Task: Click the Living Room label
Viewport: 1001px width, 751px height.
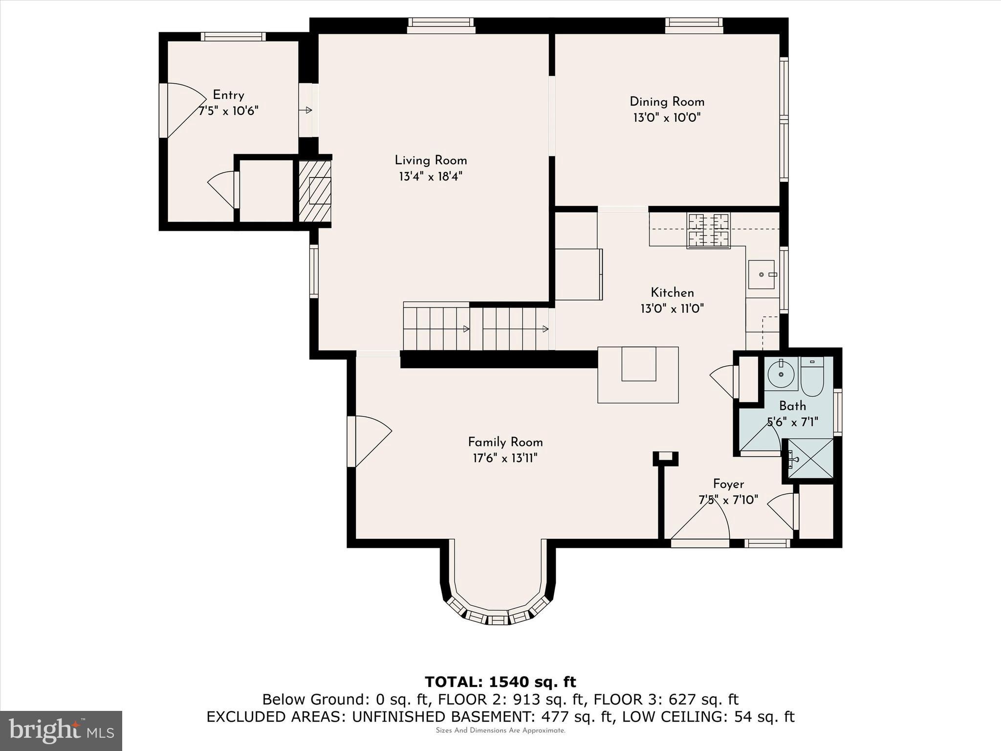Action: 431,160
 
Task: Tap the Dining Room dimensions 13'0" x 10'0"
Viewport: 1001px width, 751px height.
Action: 667,118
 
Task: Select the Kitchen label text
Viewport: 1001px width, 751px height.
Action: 672,292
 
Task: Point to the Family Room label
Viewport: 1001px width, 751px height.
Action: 505,442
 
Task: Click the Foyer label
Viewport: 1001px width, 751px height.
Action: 728,484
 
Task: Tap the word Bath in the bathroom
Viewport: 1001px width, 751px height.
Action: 792,406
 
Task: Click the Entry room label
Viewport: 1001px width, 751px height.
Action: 228,95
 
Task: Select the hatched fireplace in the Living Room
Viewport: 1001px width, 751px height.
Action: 315,191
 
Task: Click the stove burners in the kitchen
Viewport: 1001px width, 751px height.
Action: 709,230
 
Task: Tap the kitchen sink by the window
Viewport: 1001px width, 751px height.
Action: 762,274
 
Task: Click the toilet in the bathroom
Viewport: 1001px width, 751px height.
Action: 812,376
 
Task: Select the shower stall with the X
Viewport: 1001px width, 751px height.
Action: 810,458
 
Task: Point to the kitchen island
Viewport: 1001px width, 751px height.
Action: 638,375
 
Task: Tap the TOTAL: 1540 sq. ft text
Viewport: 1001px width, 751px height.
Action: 500,682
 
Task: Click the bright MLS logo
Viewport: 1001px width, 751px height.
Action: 61,731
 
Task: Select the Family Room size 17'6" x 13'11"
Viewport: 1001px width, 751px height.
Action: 505,458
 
